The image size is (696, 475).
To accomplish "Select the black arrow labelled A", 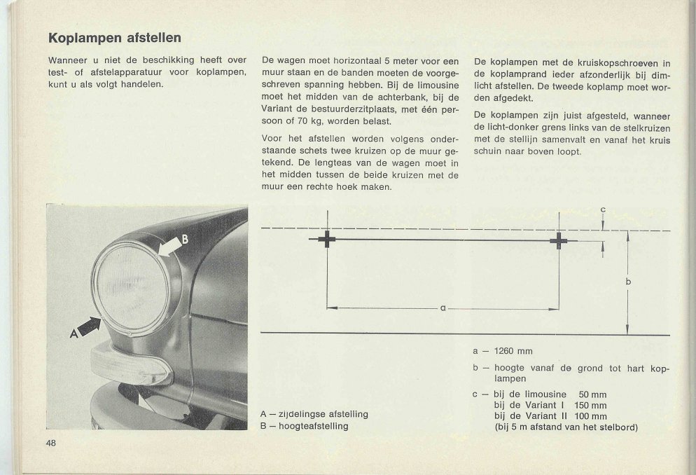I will click(87, 325).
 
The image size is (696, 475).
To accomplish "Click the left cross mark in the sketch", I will click(327, 240).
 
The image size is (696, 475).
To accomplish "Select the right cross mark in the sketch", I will click(558, 241).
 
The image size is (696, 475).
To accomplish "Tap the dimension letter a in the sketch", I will click(443, 308).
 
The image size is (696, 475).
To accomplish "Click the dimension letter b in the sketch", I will click(628, 282).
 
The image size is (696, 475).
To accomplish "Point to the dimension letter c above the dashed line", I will click(603, 209).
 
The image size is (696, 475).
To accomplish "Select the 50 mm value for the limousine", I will click(592, 394).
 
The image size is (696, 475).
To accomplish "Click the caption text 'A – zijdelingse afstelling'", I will click(314, 414).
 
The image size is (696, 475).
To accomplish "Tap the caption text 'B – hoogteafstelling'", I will click(304, 425).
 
